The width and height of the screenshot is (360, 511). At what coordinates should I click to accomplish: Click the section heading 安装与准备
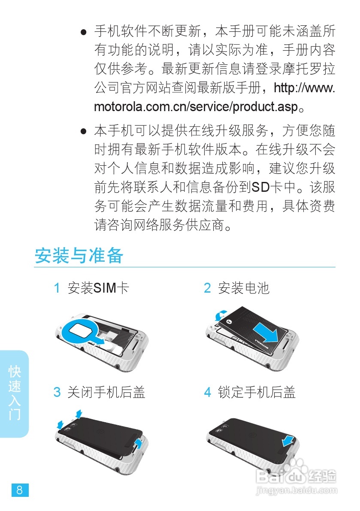click(x=79, y=256)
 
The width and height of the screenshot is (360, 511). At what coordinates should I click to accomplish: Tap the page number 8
click(x=20, y=490)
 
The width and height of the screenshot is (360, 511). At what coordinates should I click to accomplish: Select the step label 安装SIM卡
click(x=98, y=288)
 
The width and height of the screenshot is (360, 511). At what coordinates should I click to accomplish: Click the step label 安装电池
click(x=243, y=288)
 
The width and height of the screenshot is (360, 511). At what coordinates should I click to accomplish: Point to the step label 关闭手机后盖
click(x=106, y=392)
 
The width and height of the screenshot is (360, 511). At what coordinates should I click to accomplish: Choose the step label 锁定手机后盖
click(x=257, y=392)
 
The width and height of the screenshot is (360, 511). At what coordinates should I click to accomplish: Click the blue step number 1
click(x=57, y=288)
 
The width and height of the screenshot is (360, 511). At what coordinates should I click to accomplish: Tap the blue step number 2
click(x=207, y=288)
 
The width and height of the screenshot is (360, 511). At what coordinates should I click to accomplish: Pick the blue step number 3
click(x=57, y=392)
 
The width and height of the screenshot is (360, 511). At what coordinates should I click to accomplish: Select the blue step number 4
click(x=207, y=392)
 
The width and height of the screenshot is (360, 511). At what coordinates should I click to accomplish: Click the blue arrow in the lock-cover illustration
click(x=288, y=440)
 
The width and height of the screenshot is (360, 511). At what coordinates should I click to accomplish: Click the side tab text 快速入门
click(x=15, y=393)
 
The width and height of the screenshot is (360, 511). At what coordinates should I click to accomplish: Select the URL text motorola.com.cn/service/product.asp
click(x=195, y=107)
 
